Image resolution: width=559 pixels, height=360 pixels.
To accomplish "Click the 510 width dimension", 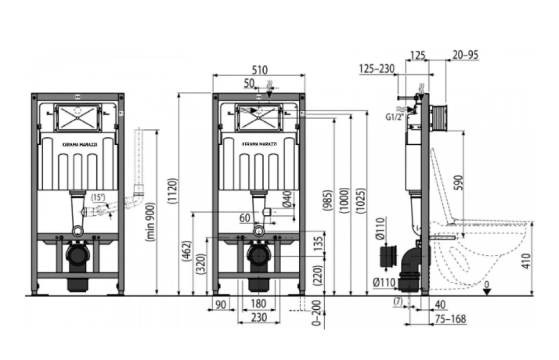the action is click(x=259, y=69).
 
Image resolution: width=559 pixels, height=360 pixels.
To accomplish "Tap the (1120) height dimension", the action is click(x=173, y=191).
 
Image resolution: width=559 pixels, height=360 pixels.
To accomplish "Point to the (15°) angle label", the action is click(x=98, y=197).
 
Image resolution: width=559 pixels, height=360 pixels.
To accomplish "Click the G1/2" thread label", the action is click(x=395, y=117).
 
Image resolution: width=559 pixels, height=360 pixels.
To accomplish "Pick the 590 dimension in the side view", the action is click(x=460, y=182).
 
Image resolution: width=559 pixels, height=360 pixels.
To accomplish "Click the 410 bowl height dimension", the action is click(x=526, y=260).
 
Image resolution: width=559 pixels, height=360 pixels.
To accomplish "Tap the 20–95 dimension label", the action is click(x=466, y=55).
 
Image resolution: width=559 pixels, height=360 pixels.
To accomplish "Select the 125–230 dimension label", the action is click(x=377, y=68).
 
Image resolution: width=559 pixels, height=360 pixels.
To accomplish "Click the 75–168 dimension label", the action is click(x=451, y=319).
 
